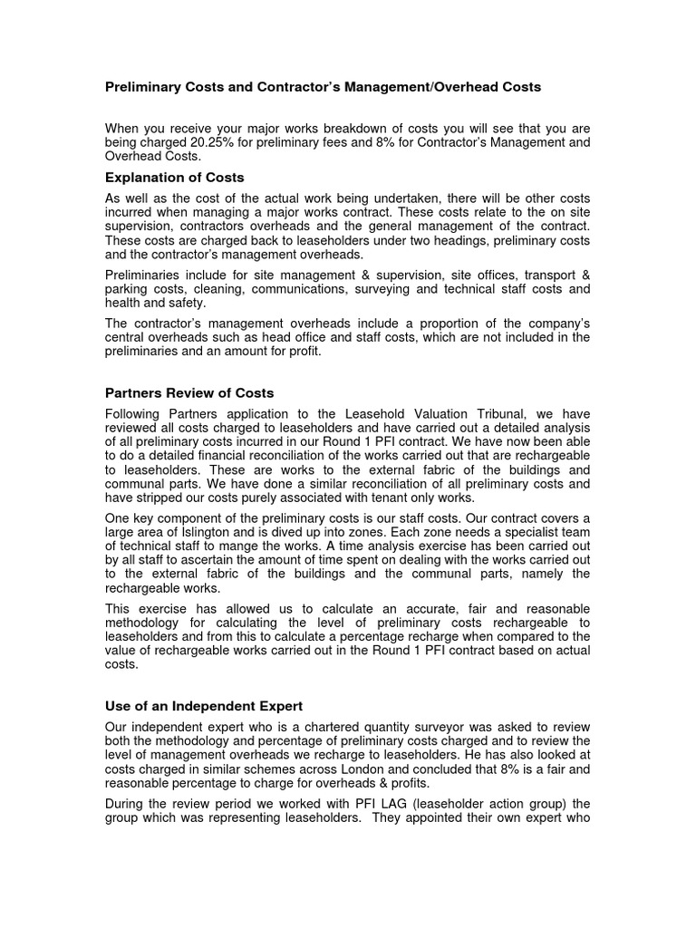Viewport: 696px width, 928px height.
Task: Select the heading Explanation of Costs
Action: click(x=175, y=177)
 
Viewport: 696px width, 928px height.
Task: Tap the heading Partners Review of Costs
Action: click(x=189, y=392)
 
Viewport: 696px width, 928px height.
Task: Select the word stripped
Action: click(x=169, y=497)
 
